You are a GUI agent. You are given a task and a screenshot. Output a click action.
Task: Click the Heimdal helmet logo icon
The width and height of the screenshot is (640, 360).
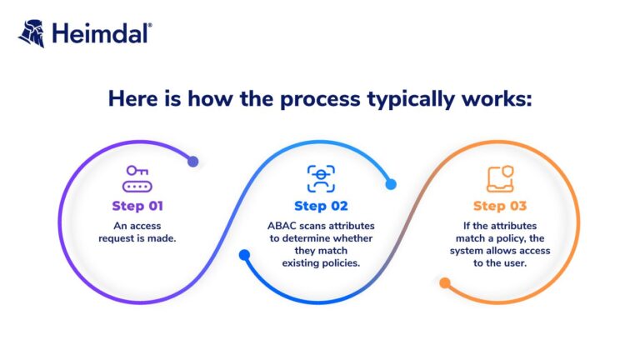31,34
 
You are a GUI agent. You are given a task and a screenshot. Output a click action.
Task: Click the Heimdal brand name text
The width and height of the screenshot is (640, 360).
102,34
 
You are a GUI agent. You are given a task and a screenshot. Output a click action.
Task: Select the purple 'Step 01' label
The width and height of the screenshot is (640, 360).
137,206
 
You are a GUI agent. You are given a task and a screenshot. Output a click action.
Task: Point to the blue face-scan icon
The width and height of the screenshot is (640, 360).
321,178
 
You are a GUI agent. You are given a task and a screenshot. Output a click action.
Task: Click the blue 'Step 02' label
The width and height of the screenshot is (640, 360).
321,206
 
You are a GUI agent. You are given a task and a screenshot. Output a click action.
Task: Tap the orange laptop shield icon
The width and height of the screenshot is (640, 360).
500,178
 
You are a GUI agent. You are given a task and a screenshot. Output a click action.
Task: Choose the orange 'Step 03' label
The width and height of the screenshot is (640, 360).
500,206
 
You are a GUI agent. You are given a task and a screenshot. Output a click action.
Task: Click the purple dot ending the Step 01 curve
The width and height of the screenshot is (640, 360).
193,162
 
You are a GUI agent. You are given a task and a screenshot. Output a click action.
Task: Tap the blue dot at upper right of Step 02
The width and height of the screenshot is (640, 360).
391,184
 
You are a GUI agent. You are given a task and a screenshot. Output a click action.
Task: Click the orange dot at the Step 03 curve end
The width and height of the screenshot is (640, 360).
445,283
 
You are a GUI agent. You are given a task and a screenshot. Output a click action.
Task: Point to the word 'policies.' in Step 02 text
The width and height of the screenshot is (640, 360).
340,263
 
